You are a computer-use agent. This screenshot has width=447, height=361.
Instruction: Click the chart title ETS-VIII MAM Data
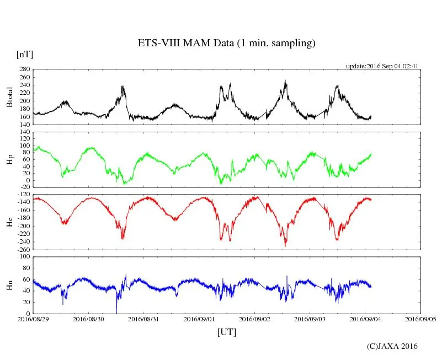226,44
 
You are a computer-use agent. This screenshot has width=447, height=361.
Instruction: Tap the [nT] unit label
24,54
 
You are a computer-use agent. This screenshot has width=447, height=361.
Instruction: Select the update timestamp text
382,66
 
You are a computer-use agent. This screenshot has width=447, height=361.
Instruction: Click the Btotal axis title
9,97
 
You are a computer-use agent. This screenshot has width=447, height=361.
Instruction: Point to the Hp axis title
9,160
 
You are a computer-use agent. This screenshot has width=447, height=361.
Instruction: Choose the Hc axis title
9,222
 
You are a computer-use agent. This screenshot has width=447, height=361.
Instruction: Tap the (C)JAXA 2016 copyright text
392,346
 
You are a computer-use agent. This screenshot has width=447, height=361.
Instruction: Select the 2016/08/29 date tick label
33,319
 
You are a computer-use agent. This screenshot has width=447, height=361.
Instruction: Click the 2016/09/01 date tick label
199,319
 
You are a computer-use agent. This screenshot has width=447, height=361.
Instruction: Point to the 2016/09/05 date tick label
421,319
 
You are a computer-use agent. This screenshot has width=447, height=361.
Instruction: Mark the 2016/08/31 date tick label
144,319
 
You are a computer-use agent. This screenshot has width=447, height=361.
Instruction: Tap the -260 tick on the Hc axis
23,250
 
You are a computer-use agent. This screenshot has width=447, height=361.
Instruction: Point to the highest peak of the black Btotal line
285,81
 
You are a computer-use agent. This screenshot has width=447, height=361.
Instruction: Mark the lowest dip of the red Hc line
285,245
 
